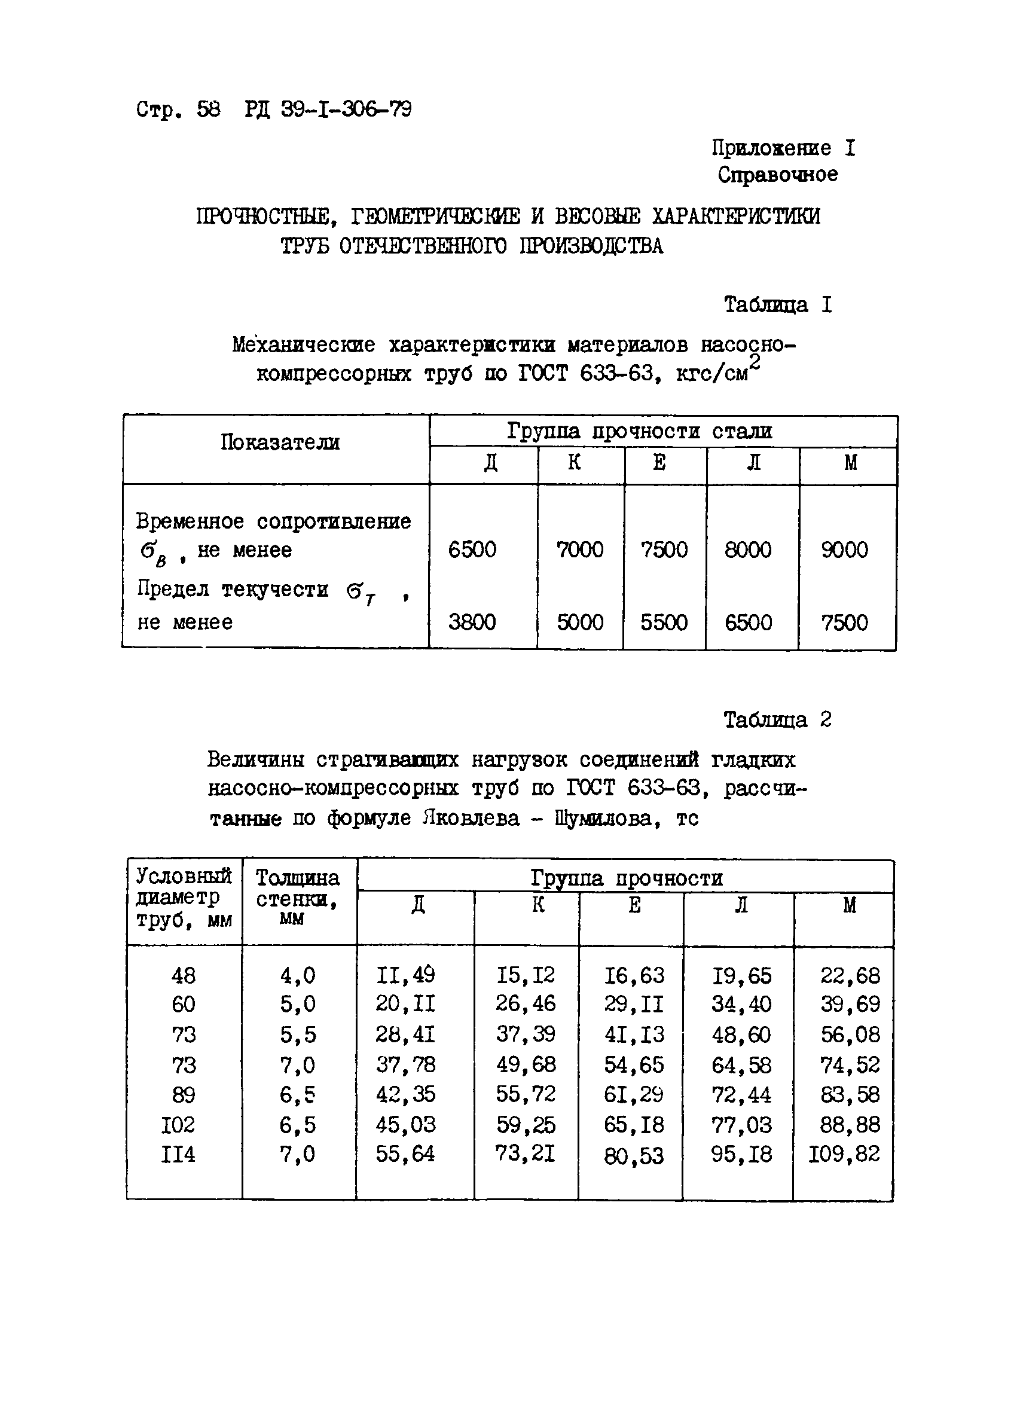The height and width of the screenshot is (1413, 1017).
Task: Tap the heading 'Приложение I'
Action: click(x=783, y=148)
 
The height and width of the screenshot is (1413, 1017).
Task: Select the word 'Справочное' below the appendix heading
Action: click(x=777, y=175)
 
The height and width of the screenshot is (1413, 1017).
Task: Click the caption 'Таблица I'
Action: click(x=777, y=304)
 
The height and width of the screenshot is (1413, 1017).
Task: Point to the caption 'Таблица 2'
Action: click(x=777, y=720)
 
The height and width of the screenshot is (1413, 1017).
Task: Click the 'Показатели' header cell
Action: click(x=280, y=442)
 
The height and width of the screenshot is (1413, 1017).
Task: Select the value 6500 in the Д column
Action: click(x=472, y=550)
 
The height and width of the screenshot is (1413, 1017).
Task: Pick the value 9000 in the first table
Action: click(x=844, y=550)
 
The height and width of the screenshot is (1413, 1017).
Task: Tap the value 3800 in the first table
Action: click(x=472, y=622)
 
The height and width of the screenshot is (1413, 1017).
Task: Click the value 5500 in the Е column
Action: click(x=664, y=622)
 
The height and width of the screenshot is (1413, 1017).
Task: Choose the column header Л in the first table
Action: click(x=753, y=462)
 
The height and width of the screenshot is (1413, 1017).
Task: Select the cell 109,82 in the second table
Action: click(x=844, y=1155)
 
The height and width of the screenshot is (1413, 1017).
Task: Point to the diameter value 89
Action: click(x=183, y=1095)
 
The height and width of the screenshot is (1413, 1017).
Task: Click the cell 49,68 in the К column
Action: click(x=526, y=1064)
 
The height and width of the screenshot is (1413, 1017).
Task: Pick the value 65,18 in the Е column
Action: click(x=634, y=1125)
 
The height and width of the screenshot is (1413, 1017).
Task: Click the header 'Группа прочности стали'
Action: click(x=639, y=431)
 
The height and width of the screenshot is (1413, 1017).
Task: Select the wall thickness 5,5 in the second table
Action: click(x=298, y=1035)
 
